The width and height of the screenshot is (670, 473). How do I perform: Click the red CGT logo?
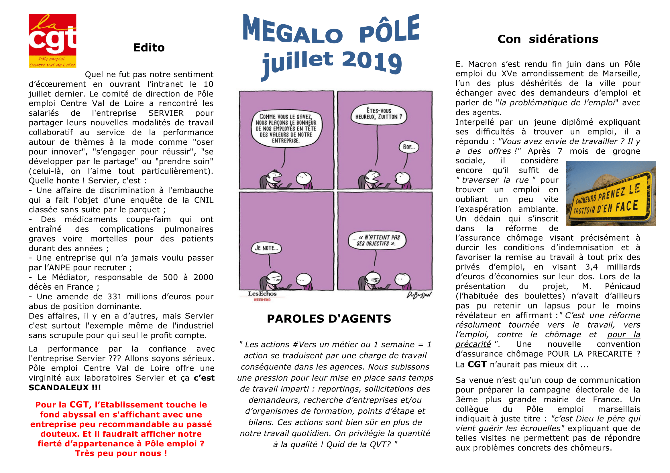click(x=52, y=41)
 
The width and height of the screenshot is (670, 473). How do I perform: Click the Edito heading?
click(x=149, y=48)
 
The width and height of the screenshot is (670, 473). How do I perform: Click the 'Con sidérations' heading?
click(x=548, y=39)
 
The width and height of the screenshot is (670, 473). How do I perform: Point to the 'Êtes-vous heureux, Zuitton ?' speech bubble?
click(x=378, y=114)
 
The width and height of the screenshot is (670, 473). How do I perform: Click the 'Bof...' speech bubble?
click(x=408, y=147)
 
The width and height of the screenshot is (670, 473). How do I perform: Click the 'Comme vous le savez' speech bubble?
click(x=286, y=128)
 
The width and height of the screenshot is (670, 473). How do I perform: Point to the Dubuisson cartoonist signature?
click(x=419, y=295)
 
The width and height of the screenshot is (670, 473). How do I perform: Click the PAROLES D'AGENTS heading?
click(x=329, y=319)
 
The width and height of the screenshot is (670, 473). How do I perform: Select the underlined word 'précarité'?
click(x=473, y=344)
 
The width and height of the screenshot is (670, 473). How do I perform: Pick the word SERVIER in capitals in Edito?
click(x=166, y=113)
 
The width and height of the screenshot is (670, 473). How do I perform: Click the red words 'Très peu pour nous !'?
click(x=121, y=454)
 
